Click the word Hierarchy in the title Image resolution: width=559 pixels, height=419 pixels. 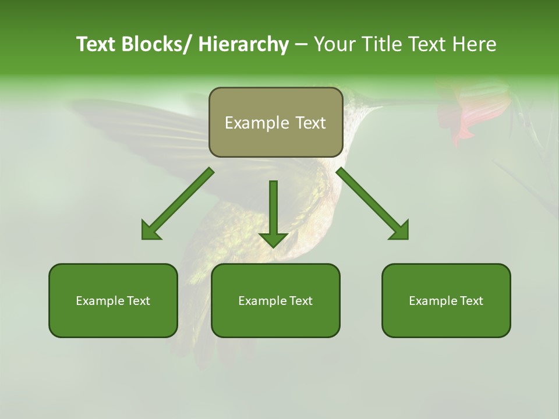(x=243, y=44)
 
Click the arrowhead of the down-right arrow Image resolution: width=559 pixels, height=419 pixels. (x=399, y=230)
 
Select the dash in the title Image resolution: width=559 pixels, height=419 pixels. (x=301, y=44)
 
